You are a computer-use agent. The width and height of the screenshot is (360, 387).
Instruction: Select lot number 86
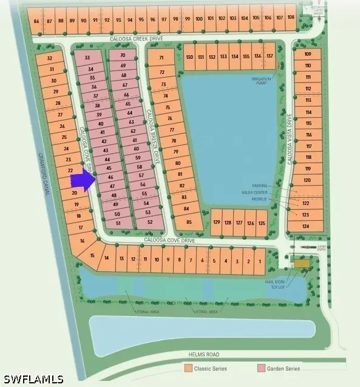[37, 21]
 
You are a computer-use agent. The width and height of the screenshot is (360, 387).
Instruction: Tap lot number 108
[291, 17]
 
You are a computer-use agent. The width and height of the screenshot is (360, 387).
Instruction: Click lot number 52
[149, 222]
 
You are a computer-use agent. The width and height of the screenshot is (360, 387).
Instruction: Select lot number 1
[260, 261]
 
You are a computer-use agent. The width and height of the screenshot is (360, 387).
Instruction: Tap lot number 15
[93, 255]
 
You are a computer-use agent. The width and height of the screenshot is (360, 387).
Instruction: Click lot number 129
[217, 223]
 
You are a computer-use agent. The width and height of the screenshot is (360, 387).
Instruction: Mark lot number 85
[189, 222]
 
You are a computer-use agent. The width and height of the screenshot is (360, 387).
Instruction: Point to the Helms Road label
[203, 354]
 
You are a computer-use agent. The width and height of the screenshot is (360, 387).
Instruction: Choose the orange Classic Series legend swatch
[189, 368]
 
